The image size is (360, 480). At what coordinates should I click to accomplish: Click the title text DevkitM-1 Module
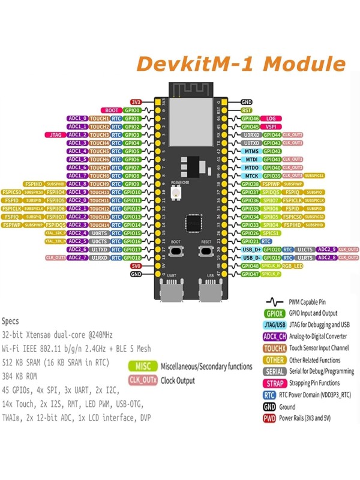coord(240,64)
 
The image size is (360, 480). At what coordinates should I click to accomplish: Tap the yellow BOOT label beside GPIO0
coord(112,110)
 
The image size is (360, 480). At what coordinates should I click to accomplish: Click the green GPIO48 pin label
coord(250,265)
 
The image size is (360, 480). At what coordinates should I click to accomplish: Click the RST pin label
coord(247,110)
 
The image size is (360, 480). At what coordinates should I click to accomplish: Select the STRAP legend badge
coord(274,383)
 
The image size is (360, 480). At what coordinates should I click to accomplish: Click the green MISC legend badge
coord(142,366)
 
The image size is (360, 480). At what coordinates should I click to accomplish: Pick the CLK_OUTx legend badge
coord(142,380)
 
